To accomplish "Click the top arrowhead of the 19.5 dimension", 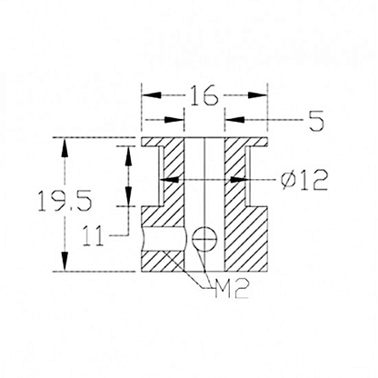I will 63,144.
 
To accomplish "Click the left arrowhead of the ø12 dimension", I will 165,180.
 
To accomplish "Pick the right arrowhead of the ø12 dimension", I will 243,180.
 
